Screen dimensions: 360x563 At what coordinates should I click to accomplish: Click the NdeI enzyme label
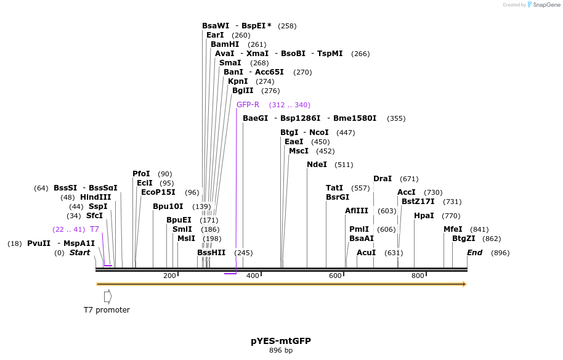pos(317,165)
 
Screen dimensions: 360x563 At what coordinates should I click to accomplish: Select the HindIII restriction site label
pos(95,197)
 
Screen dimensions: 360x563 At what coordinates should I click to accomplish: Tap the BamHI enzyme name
pos(225,44)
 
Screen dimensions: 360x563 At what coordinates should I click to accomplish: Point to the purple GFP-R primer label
pos(248,105)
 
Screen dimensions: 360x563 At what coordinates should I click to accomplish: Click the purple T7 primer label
pos(94,229)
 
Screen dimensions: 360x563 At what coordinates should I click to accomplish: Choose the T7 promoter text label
pos(107,310)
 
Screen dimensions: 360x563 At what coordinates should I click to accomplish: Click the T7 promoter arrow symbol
pos(108,297)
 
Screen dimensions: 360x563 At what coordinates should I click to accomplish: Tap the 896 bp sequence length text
pos(280,351)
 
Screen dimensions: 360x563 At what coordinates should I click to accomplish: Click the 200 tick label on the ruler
pos(169,276)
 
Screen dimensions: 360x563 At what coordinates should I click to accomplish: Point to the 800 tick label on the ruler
pos(417,276)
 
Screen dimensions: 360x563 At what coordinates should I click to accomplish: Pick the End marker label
pos(474,253)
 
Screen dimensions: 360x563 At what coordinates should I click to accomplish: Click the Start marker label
pos(79,253)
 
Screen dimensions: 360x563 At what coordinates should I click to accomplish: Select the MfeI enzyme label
pos(453,229)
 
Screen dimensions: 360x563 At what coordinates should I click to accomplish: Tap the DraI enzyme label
pos(383,179)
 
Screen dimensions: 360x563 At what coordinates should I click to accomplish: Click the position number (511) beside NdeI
pos(344,165)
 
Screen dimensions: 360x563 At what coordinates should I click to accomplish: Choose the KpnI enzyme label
pos(238,81)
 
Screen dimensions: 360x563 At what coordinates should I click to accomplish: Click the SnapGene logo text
pos(544,5)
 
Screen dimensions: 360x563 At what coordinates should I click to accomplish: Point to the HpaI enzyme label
pos(424,216)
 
